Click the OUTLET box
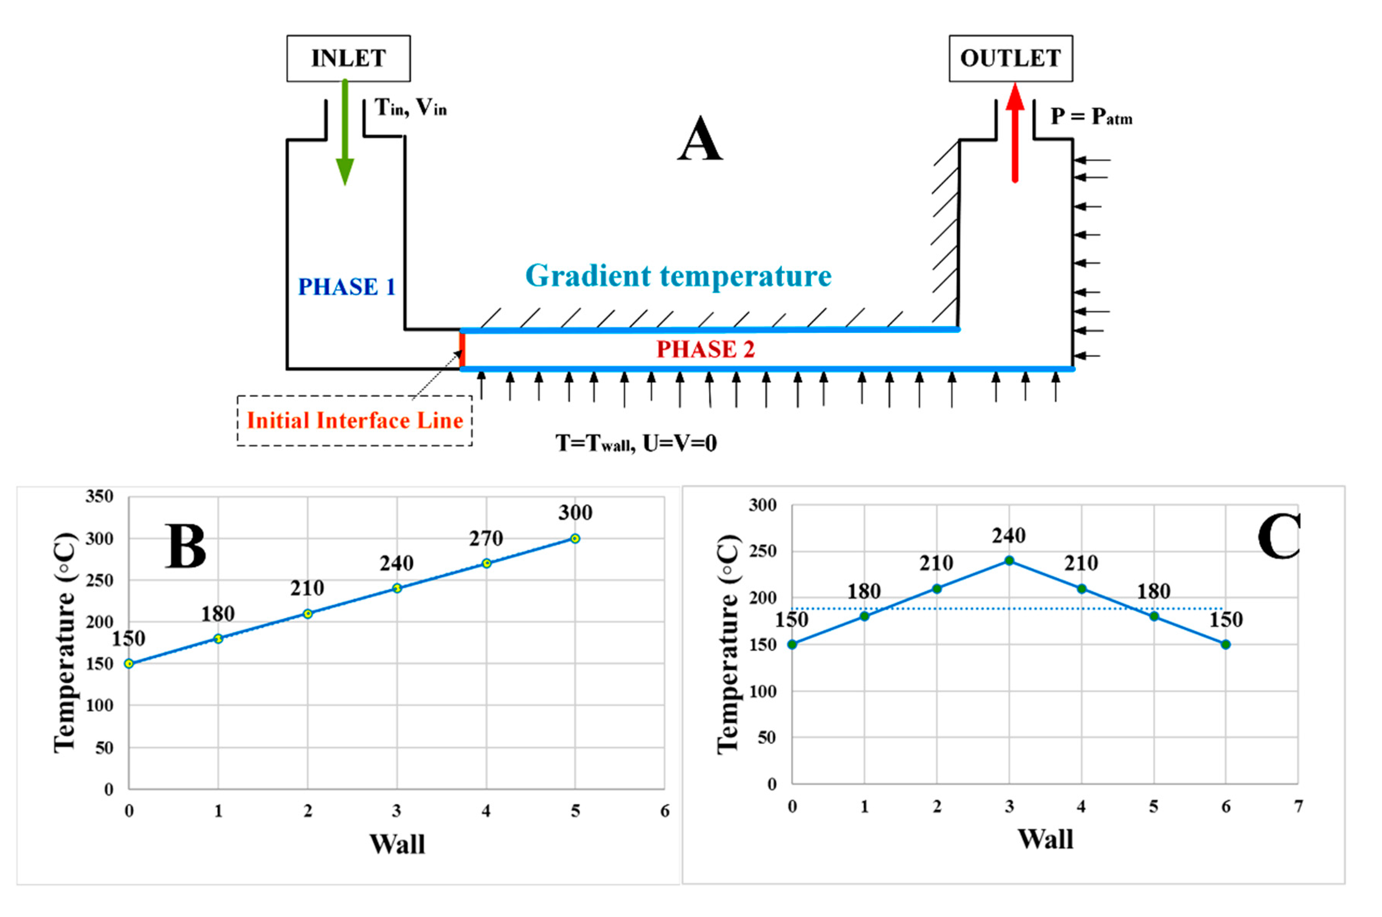[x=1010, y=58]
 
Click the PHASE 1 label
[x=347, y=287]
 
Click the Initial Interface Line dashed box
[x=355, y=421]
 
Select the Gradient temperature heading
[x=678, y=275]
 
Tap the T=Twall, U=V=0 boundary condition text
[x=636, y=443]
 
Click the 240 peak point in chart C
[x=1009, y=561]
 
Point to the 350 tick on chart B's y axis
[x=99, y=496]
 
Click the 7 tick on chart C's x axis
[x=1298, y=806]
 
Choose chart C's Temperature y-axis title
[x=728, y=644]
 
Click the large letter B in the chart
[x=186, y=546]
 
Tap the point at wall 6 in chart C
[x=1225, y=645]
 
